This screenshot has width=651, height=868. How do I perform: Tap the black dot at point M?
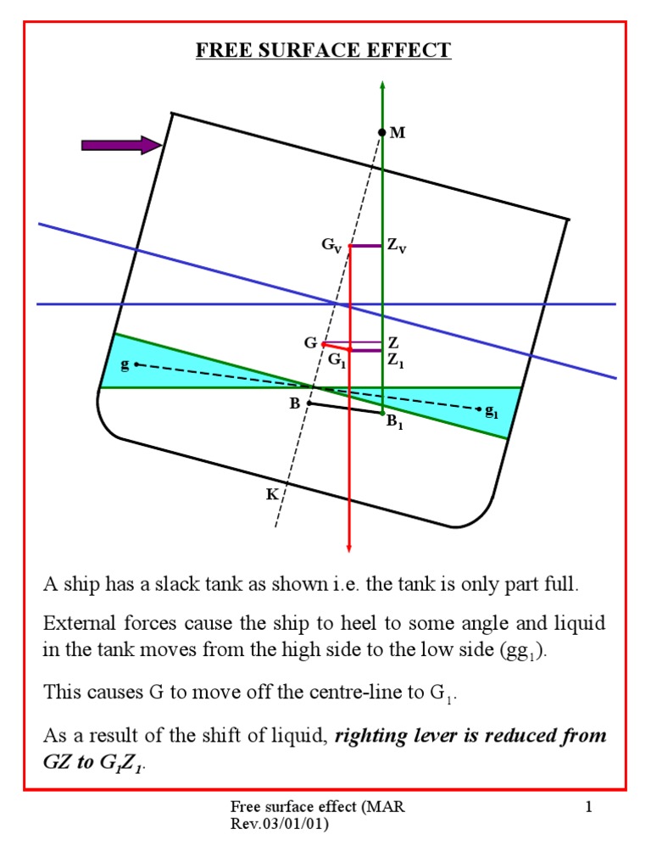[x=382, y=132]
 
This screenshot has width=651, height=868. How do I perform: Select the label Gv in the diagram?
[x=331, y=246]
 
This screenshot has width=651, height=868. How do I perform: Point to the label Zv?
[x=397, y=246]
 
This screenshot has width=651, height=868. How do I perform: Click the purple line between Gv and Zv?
[x=366, y=246]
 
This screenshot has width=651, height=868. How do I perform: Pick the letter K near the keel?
[x=272, y=494]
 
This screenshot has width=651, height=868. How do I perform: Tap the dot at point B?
[x=309, y=403]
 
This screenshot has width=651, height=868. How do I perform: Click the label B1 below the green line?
[x=394, y=423]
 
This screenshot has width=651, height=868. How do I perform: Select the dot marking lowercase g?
[x=136, y=364]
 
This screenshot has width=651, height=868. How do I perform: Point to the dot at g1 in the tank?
[x=481, y=410]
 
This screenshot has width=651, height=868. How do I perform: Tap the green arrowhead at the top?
[x=382, y=84]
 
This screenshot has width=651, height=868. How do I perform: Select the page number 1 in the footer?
[x=587, y=808]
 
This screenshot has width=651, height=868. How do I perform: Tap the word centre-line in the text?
[x=330, y=692]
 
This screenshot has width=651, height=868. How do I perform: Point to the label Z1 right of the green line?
[x=396, y=359]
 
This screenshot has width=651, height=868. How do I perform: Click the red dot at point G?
[x=324, y=343]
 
